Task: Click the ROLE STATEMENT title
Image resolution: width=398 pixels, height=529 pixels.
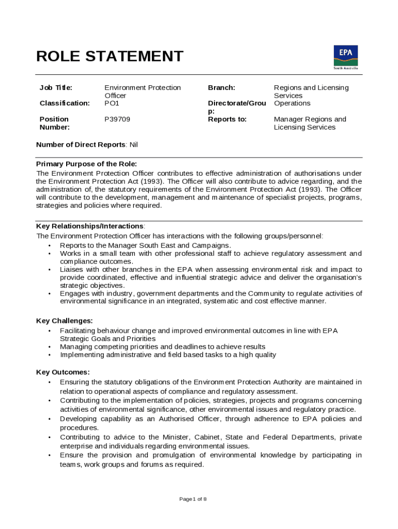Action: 110,56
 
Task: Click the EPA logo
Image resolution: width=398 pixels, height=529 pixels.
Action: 345,56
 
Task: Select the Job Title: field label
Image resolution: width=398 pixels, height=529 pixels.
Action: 56,88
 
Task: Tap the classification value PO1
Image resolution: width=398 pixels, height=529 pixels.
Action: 112,103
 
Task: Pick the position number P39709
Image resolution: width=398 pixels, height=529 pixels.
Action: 117,119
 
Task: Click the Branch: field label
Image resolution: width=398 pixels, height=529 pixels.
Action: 221,88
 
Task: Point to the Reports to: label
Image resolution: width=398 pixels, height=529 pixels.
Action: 227,119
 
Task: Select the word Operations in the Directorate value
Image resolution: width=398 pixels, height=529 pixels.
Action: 292,103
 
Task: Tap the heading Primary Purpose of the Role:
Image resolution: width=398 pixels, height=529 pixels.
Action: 86,164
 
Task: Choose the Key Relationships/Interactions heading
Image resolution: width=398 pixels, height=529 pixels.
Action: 90,226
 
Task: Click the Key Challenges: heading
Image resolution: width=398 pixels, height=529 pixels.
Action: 65,321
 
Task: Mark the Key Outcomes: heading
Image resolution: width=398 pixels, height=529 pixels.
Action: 63,372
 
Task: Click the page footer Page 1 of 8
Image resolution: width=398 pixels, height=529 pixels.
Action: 193,499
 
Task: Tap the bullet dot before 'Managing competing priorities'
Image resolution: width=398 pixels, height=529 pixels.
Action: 50,347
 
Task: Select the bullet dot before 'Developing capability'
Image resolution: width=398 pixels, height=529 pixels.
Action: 50,419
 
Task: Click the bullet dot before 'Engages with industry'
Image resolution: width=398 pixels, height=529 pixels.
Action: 50,293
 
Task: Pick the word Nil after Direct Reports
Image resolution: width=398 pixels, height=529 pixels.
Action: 133,145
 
